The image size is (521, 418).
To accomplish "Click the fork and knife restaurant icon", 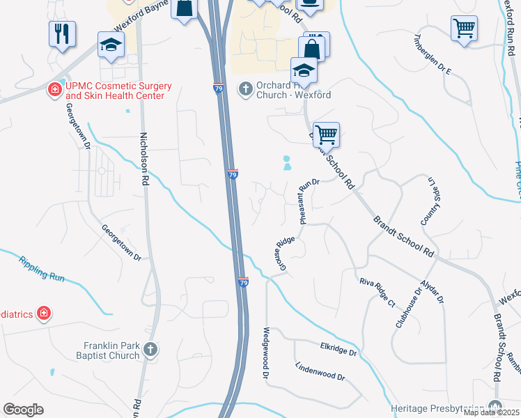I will (62, 33).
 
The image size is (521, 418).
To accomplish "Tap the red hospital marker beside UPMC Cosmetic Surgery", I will (54, 89).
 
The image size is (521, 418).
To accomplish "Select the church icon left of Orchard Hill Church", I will (244, 88).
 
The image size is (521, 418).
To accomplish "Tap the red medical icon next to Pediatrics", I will (44, 313).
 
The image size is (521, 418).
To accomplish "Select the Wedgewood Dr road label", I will (266, 353).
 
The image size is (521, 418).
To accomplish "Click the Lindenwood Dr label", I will (320, 371).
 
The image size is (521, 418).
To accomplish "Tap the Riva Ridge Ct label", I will (378, 291).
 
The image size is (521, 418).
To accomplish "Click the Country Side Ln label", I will (428, 201).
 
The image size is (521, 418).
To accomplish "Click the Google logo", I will (23, 409).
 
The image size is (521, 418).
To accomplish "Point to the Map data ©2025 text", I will (490, 412).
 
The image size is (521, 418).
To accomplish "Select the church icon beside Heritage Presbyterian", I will (495, 406).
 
